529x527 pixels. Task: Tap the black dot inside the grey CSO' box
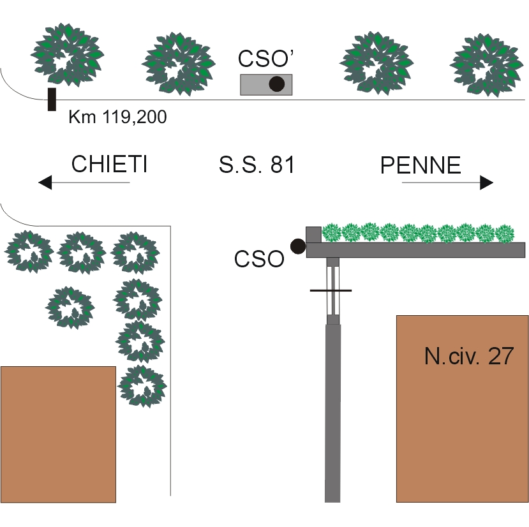[x=276, y=84]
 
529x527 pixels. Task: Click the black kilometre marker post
[x=52, y=100]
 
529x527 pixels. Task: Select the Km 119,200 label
[x=117, y=117]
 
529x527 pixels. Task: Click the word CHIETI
[x=110, y=164]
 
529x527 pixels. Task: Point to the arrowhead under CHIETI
[x=45, y=183]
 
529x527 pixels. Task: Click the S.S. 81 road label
[x=257, y=165]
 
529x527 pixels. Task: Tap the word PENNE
[x=421, y=166]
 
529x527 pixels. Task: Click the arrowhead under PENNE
[x=487, y=183]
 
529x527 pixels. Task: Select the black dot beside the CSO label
[x=297, y=246]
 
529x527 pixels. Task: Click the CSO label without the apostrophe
[x=258, y=260]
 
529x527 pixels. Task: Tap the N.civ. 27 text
[x=468, y=355]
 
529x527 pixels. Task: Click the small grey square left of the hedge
[x=313, y=234]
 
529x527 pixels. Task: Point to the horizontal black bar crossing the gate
[x=330, y=291]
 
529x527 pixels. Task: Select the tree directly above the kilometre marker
[x=66, y=54]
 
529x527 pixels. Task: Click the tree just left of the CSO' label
[x=177, y=64]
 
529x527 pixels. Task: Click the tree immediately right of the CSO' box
[x=376, y=61]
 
